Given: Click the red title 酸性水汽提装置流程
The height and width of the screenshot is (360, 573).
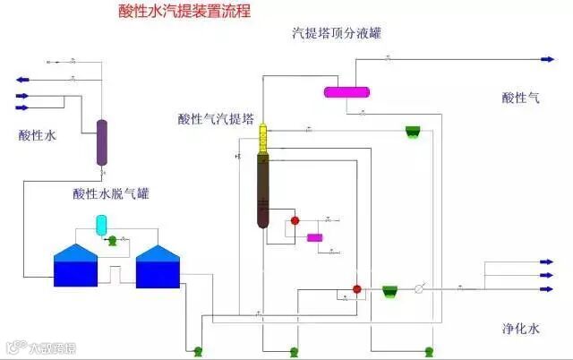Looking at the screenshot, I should tap(184, 12).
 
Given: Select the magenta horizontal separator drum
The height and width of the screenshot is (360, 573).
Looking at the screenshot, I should tap(346, 90).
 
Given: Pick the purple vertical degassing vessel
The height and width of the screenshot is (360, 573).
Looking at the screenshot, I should tap(102, 142).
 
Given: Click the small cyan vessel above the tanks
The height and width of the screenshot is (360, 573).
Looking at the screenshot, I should tap(101, 223).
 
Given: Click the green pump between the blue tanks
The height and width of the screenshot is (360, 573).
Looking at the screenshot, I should tap(112, 240).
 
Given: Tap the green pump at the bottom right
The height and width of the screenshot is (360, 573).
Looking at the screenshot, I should tap(428, 349).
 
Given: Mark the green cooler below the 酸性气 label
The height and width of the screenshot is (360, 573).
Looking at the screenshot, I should tap(413, 132).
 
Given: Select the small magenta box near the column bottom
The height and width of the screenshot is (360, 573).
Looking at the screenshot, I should tap(314, 237).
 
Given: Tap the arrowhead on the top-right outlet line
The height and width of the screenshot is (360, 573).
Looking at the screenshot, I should tap(550, 59).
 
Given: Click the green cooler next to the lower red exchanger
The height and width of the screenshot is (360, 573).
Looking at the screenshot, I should tap(389, 291).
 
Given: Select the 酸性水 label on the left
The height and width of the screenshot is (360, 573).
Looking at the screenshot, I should tap(38, 136).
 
